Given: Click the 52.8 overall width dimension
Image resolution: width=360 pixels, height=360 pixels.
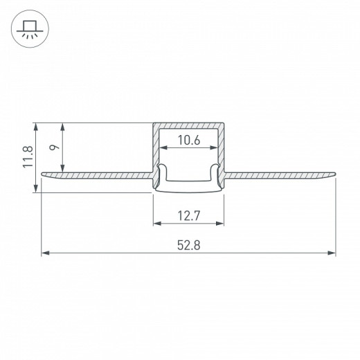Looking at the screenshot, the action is click(189, 245).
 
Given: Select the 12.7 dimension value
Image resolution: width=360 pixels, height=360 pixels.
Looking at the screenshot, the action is click(189, 216).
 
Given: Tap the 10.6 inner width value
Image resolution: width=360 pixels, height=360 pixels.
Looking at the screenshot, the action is click(189, 141).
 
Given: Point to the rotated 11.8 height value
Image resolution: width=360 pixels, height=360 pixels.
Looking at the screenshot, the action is click(28, 156).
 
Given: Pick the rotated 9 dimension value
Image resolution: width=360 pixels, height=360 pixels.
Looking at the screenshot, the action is click(55, 147).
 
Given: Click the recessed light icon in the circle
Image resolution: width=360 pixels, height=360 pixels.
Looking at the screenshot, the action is click(30, 29).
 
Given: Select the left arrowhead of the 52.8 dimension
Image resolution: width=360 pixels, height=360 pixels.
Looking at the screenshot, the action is click(45, 253).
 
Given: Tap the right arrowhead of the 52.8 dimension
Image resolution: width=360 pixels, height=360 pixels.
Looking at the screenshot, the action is click(332, 253).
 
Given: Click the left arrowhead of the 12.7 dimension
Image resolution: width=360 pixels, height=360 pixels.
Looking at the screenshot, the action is click(157, 224).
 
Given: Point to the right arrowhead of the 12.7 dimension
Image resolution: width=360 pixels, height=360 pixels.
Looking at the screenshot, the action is click(219, 224).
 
